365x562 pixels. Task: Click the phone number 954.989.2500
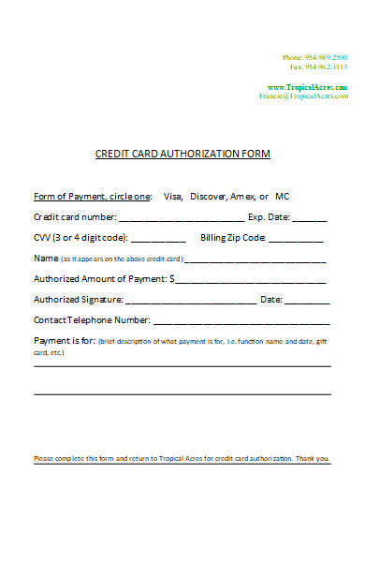pos(327,58)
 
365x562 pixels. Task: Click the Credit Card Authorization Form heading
pos(183,154)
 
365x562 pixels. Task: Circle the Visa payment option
pos(172,197)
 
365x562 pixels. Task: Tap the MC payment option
pos(283,197)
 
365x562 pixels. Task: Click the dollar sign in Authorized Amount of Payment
pos(172,279)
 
